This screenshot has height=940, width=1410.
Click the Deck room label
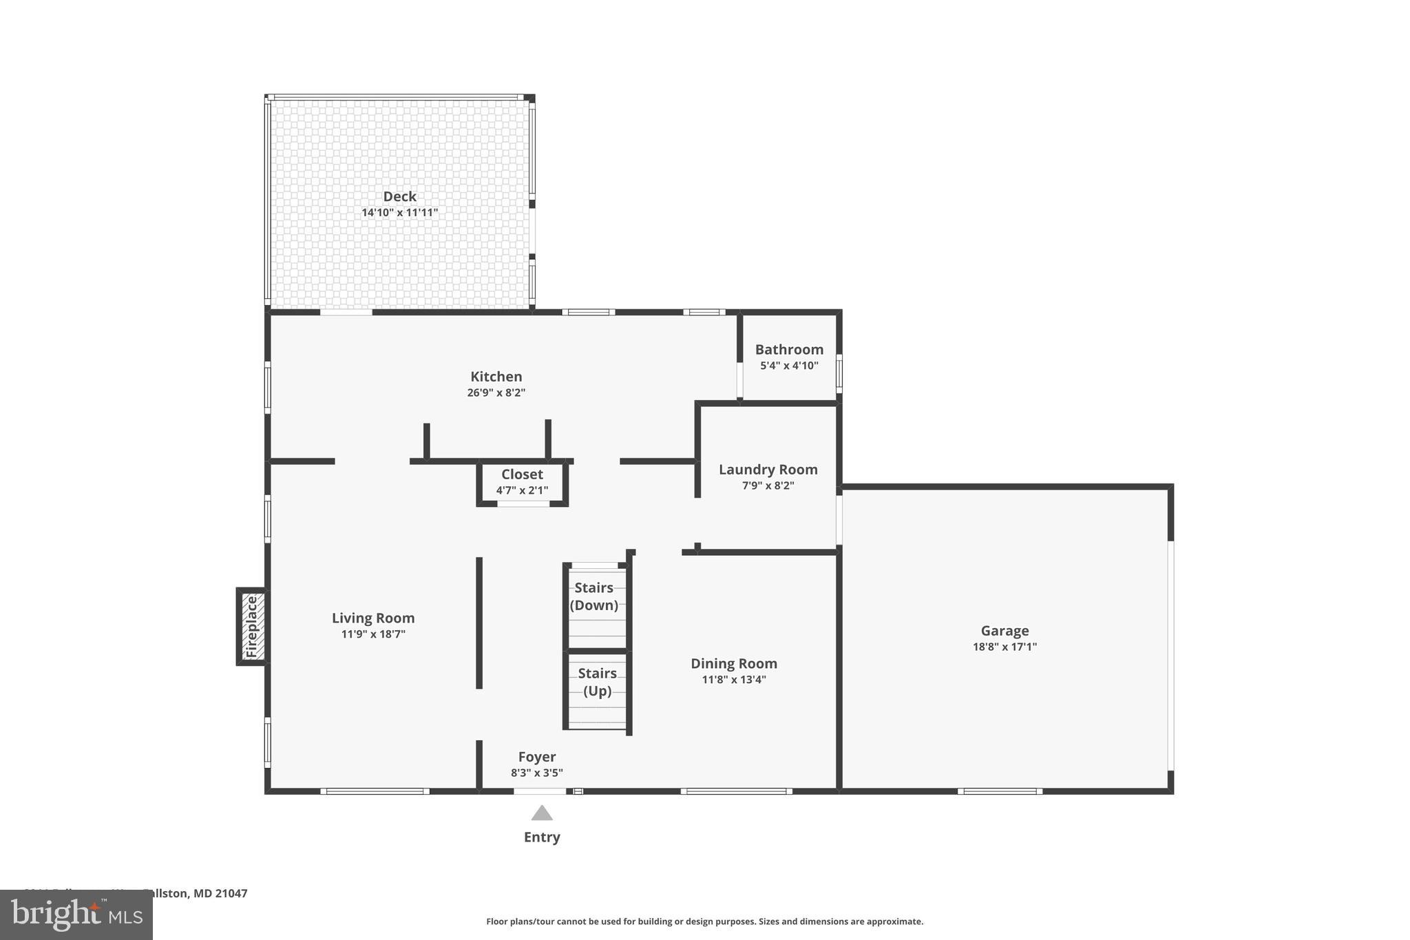[x=399, y=197]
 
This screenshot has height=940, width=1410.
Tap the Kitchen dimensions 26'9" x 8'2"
[x=496, y=393]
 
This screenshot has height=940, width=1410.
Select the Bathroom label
[x=789, y=350]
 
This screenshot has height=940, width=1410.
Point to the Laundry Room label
[x=768, y=470]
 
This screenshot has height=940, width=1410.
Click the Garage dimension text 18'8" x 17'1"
[x=1004, y=647]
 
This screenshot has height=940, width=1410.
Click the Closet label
[x=522, y=474]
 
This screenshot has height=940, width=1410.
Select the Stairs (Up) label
[x=597, y=682]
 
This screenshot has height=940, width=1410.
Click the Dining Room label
[x=734, y=664]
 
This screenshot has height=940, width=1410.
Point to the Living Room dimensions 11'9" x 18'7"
[x=373, y=634]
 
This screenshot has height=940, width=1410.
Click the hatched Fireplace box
[x=251, y=626]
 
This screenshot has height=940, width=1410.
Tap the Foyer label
[x=537, y=757]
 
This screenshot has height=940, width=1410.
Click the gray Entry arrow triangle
[x=542, y=814]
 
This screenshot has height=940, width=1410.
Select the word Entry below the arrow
[x=542, y=837]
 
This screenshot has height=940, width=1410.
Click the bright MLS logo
[x=76, y=915]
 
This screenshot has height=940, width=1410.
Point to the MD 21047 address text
[x=220, y=893]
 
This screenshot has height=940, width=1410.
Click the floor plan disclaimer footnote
[x=704, y=921]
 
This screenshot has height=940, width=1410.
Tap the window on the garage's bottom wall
[x=1000, y=791]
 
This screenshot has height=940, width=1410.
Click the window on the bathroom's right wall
[x=839, y=373]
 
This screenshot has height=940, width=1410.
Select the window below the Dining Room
[x=736, y=791]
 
